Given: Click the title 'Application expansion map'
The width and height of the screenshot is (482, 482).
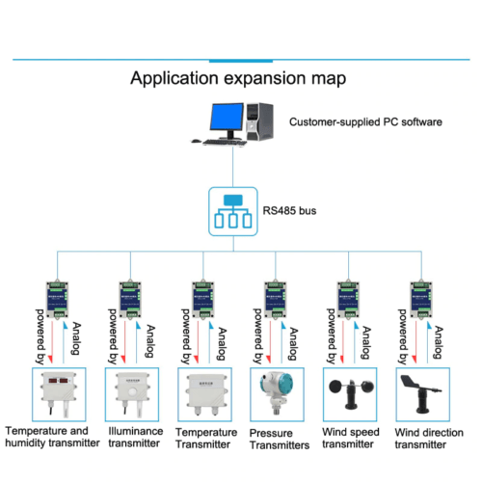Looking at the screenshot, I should coord(238,78).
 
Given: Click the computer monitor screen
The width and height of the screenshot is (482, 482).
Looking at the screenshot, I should coord(222,120).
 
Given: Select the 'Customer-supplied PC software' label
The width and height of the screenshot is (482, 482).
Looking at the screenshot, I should coord(365,123).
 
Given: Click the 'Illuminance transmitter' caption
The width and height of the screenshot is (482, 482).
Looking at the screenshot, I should coord(135,438).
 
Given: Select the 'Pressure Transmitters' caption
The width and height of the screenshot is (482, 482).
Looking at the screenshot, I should coord(279,439).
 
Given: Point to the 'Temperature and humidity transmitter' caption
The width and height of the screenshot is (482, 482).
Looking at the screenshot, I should coord(52,437).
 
